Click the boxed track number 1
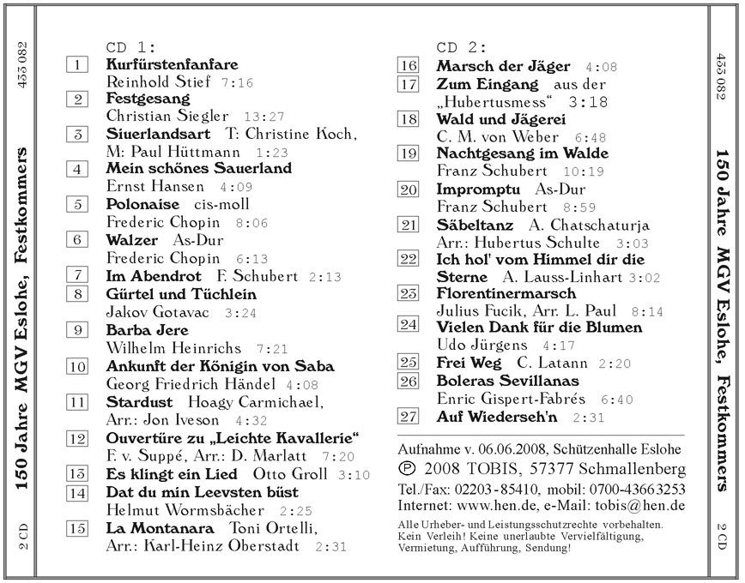click(x=77, y=64)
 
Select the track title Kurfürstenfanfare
click(x=172, y=64)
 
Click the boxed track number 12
click(x=77, y=438)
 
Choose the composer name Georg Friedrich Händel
click(x=191, y=384)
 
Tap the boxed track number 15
click(x=77, y=528)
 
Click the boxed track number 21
click(x=409, y=225)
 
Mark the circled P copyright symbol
click(x=407, y=470)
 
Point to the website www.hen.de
click(x=500, y=506)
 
